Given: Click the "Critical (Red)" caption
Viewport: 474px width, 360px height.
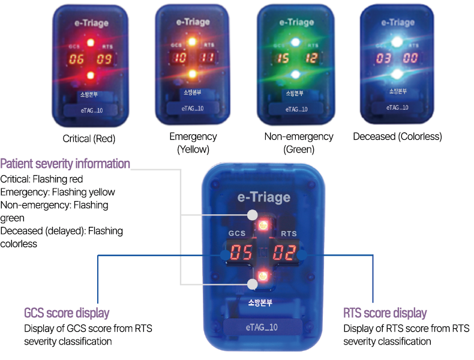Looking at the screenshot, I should pyautogui.click(x=89, y=138).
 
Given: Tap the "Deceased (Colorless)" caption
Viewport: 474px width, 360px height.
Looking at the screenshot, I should pyautogui.click(x=397, y=136).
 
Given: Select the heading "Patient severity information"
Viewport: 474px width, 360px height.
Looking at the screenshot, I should pyautogui.click(x=65, y=163).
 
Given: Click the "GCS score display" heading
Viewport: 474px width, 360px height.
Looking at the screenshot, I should pyautogui.click(x=67, y=313).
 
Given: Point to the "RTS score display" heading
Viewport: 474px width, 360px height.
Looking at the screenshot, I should pyautogui.click(x=385, y=313).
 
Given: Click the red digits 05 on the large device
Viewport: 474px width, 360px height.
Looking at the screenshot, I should pyautogui.click(x=241, y=253).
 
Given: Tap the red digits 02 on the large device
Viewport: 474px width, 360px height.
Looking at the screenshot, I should pyautogui.click(x=284, y=253).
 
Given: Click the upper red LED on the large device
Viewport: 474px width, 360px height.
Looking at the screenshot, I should pyautogui.click(x=262, y=224).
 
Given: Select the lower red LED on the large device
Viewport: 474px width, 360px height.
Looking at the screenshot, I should pyautogui.click(x=262, y=277).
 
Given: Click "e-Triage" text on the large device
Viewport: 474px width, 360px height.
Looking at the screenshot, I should pyautogui.click(x=264, y=197).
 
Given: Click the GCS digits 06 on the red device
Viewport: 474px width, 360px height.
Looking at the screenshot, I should pyautogui.click(x=76, y=59).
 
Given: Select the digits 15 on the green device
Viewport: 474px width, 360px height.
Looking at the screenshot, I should pyautogui.click(x=283, y=58).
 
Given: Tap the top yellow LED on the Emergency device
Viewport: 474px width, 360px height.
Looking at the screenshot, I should pyautogui.click(x=193, y=41).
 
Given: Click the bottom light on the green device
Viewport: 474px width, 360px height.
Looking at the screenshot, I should pyautogui.click(x=295, y=74).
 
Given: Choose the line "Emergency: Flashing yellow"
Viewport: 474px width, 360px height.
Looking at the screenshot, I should pyautogui.click(x=58, y=192).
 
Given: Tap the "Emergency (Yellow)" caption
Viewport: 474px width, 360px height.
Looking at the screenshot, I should pyautogui.click(x=193, y=143).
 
